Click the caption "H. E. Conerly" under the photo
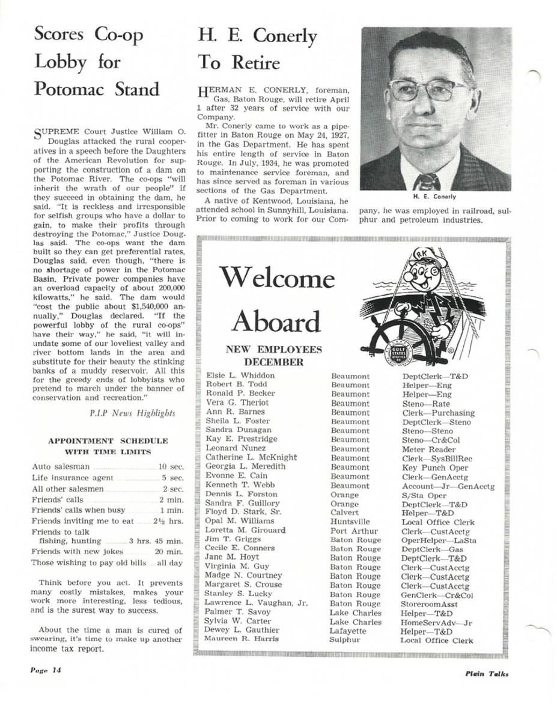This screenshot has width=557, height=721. tap(434, 196)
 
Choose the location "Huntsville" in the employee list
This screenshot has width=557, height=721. tap(350, 522)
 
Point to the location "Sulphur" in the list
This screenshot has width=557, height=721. tap(344, 639)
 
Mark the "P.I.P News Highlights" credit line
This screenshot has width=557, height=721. tap(132, 413)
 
